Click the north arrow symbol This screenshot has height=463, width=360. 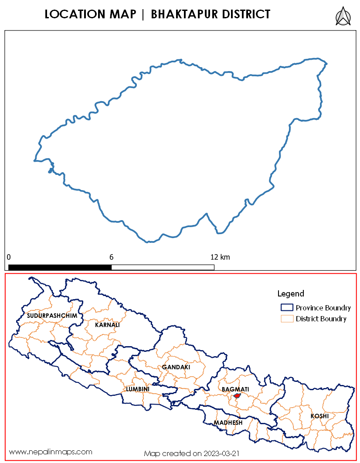(x=343, y=16)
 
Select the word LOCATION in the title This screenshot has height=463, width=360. (x=74, y=14)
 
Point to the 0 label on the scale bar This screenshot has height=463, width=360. (x=9, y=257)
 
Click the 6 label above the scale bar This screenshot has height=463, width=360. (x=112, y=257)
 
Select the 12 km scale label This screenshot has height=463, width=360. (x=220, y=257)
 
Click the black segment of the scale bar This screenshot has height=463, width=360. (x=60, y=267)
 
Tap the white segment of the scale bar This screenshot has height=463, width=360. (x=163, y=267)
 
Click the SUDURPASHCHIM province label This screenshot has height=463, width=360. (x=52, y=315)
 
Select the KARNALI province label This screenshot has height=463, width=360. (x=107, y=325)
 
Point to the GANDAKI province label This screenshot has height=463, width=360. (x=176, y=367)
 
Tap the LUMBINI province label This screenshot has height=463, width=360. (x=138, y=388)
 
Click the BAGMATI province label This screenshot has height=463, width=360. (x=235, y=389)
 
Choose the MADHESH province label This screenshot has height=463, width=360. (x=228, y=423)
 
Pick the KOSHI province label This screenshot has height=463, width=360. (x=319, y=416)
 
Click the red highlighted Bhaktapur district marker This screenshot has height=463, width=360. (x=237, y=396)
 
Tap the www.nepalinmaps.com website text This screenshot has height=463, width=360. (x=51, y=452)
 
